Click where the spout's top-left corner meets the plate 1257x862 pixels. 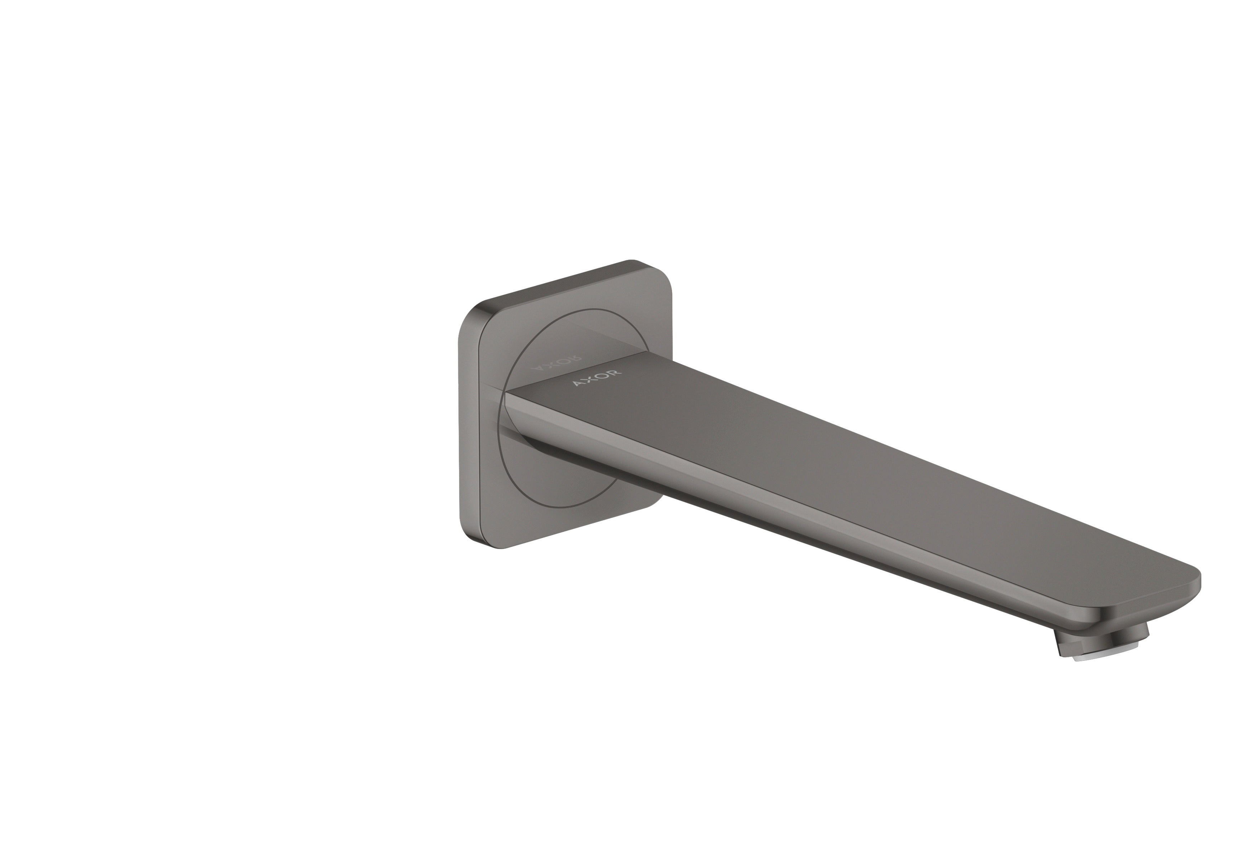coord(505,393)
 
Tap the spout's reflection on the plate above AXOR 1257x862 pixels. coord(595,340)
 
